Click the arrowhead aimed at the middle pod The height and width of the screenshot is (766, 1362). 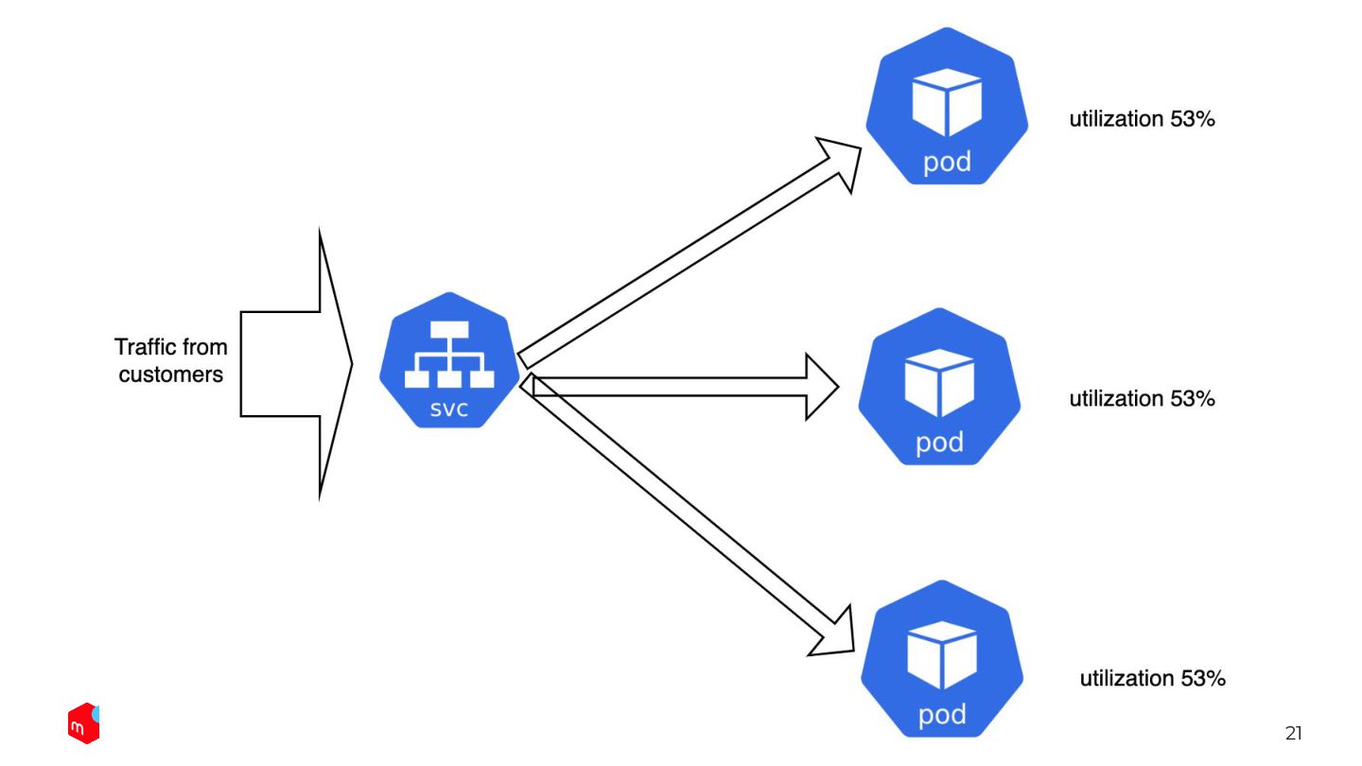coord(819,386)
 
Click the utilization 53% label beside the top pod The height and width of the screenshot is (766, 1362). coord(1142,119)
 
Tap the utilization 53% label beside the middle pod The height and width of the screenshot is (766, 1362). coord(1142,398)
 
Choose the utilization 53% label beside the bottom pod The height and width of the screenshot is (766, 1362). coord(1152,678)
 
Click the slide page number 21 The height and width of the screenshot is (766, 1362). coord(1293,733)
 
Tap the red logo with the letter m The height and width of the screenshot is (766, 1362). coord(83,723)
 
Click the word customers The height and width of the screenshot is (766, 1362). coord(171,374)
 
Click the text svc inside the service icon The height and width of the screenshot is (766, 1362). coord(450,410)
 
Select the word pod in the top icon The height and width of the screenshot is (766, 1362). coord(947,162)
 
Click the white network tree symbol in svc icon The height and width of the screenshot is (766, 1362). coord(450,356)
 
